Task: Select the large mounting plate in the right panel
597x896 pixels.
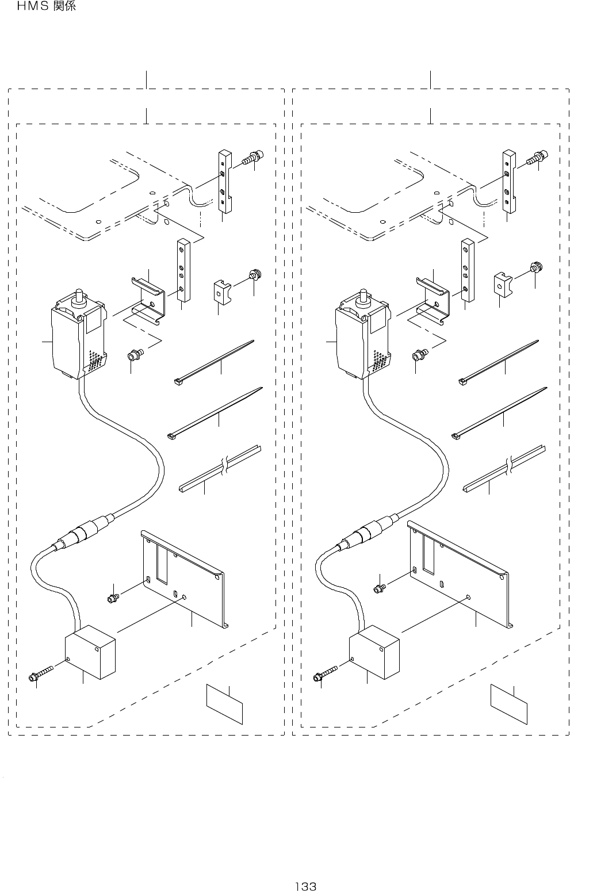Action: pyautogui.click(x=460, y=575)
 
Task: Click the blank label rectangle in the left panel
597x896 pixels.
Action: pyautogui.click(x=225, y=704)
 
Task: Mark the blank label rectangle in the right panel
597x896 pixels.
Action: pyautogui.click(x=508, y=704)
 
